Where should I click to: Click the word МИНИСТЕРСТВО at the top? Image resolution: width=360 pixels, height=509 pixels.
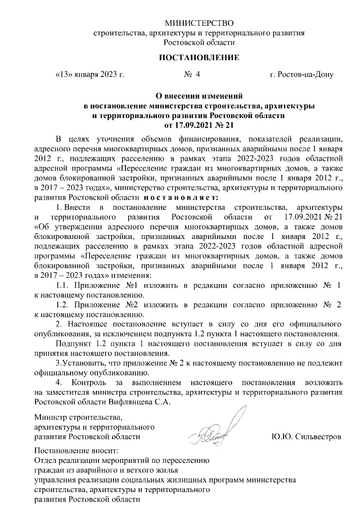point(199,23)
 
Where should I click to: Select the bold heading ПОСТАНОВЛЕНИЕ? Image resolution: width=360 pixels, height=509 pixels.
point(199,58)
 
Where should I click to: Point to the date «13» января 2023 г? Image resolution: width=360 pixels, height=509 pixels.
point(90,74)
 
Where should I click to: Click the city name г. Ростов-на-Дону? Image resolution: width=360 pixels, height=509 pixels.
point(301,74)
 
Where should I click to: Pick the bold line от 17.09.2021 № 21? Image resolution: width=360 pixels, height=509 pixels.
point(199,124)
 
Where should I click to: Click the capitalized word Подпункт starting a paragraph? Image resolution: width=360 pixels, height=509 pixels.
point(73,344)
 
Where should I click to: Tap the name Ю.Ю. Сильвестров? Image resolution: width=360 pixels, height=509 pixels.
point(306,436)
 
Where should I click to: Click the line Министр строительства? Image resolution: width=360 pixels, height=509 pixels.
point(78,417)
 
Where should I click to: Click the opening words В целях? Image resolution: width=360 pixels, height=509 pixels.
point(70,138)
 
